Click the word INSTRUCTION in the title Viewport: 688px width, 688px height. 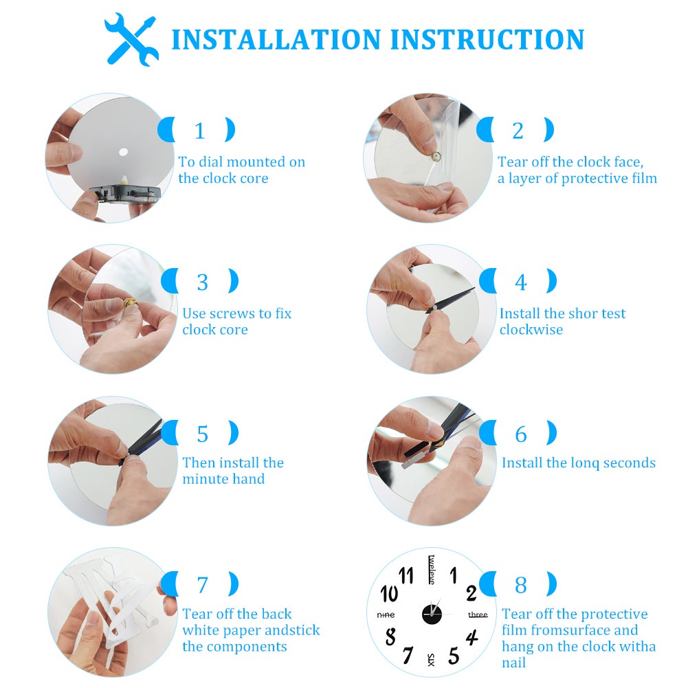pyautogui.click(x=487, y=39)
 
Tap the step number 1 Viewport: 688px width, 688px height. pyautogui.click(x=199, y=131)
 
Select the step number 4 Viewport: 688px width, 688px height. pyautogui.click(x=520, y=282)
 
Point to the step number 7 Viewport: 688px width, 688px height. pyautogui.click(x=202, y=585)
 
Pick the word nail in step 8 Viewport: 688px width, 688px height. pyautogui.click(x=513, y=663)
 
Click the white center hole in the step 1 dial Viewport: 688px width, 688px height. pyautogui.click(x=123, y=153)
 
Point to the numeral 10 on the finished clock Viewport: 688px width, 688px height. pyautogui.click(x=389, y=593)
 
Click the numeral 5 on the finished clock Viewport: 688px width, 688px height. pyautogui.click(x=454, y=656)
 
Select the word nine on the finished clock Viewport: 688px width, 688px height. pyautogui.click(x=386, y=615)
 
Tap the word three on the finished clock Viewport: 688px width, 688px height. pyautogui.click(x=478, y=614)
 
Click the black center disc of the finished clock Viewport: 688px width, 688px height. pyautogui.click(x=432, y=614)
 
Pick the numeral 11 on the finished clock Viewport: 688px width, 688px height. pyautogui.click(x=406, y=575)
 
